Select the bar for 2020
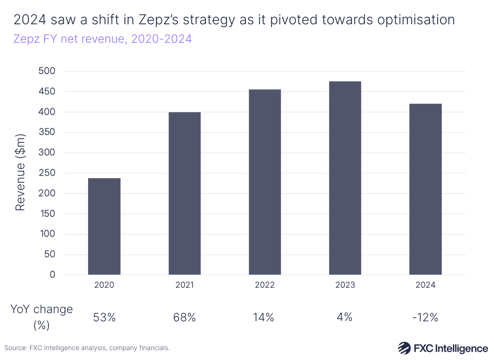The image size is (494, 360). coord(104,226)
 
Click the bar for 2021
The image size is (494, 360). coord(184,193)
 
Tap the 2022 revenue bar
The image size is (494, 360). coord(265,182)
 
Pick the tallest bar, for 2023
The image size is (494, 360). coord(345,178)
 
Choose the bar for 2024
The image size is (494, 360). coord(425,189)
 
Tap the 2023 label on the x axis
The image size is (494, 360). coord(345,285)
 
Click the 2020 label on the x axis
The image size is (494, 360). coord(104,285)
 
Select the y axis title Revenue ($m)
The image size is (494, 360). coord(21,172)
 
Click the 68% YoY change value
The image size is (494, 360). coord(184,318)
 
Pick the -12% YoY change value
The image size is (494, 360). coord(425,318)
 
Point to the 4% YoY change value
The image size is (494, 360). coord(345,318)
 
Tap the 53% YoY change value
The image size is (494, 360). coord(104,318)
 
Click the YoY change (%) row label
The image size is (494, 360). coord(42,317)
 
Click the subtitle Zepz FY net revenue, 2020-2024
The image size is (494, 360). coord(103,39)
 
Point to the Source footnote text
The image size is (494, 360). coord(87,348)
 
